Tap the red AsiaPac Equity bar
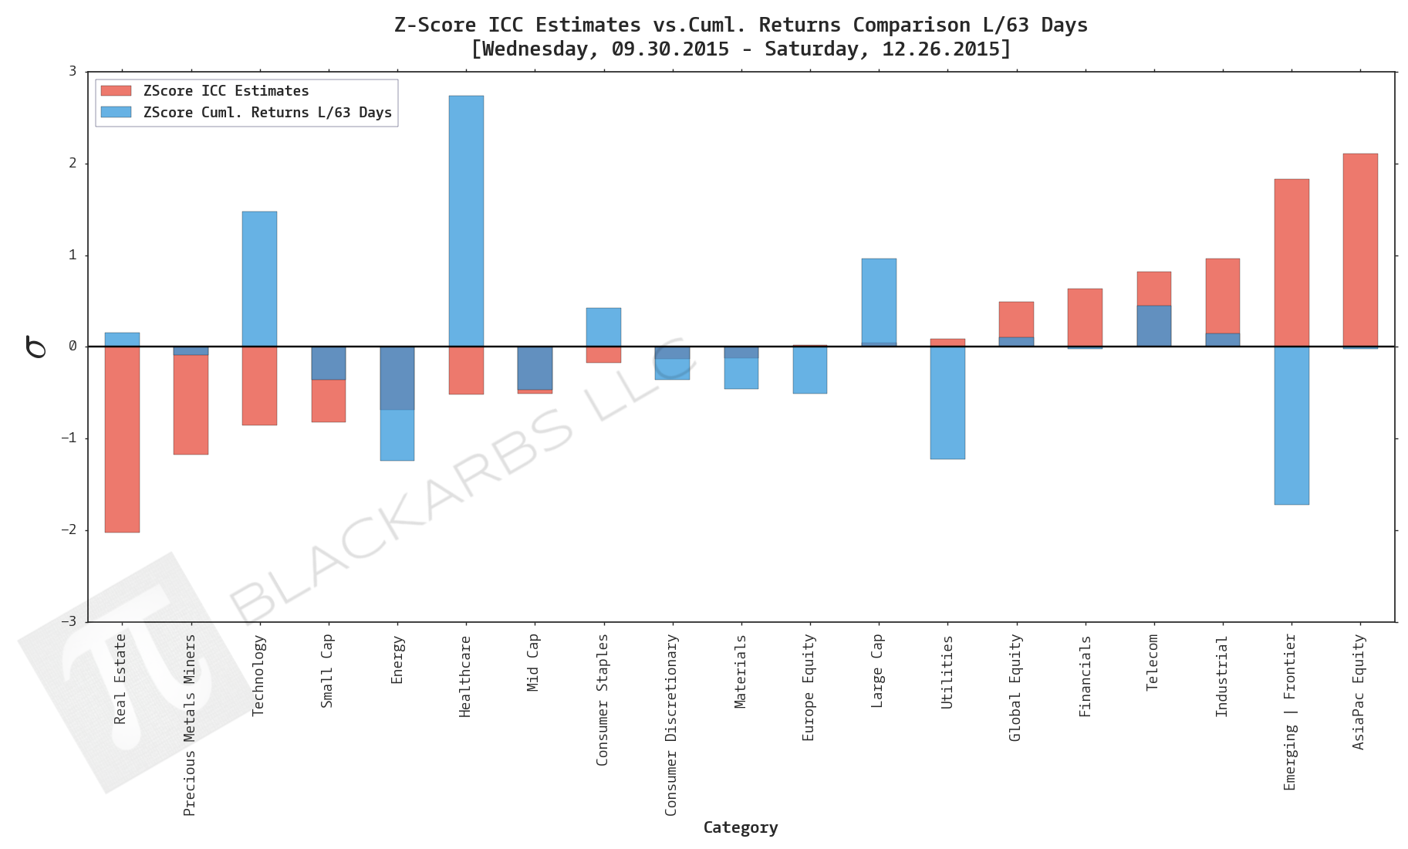(x=1359, y=249)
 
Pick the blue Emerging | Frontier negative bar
(x=1291, y=425)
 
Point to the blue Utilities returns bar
(x=947, y=402)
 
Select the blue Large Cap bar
(x=878, y=302)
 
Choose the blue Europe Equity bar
(x=809, y=370)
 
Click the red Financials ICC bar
(x=1084, y=317)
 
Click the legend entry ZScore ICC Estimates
(x=225, y=91)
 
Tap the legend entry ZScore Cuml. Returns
(x=266, y=113)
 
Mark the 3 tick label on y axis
(x=73, y=72)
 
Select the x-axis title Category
(x=740, y=827)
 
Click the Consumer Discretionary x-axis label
(x=671, y=724)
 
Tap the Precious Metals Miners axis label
(x=190, y=724)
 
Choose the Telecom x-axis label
(x=1153, y=662)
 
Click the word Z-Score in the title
(x=434, y=25)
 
